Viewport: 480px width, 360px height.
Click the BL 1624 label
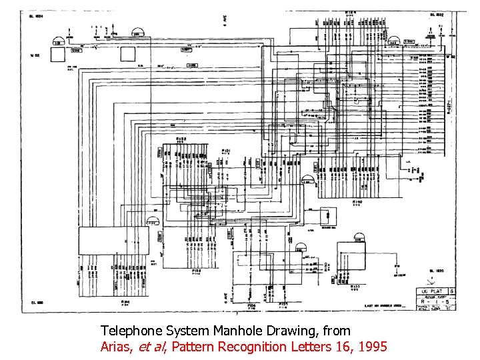35,17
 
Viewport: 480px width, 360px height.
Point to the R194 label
125,301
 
